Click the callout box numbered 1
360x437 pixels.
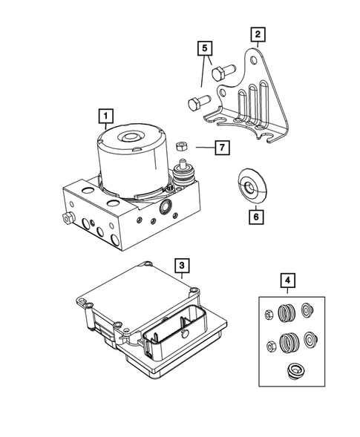(108, 116)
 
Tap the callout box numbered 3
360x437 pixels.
(182, 263)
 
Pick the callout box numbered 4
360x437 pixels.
(287, 280)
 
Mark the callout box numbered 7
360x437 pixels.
(220, 148)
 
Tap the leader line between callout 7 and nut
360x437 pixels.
(201, 148)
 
